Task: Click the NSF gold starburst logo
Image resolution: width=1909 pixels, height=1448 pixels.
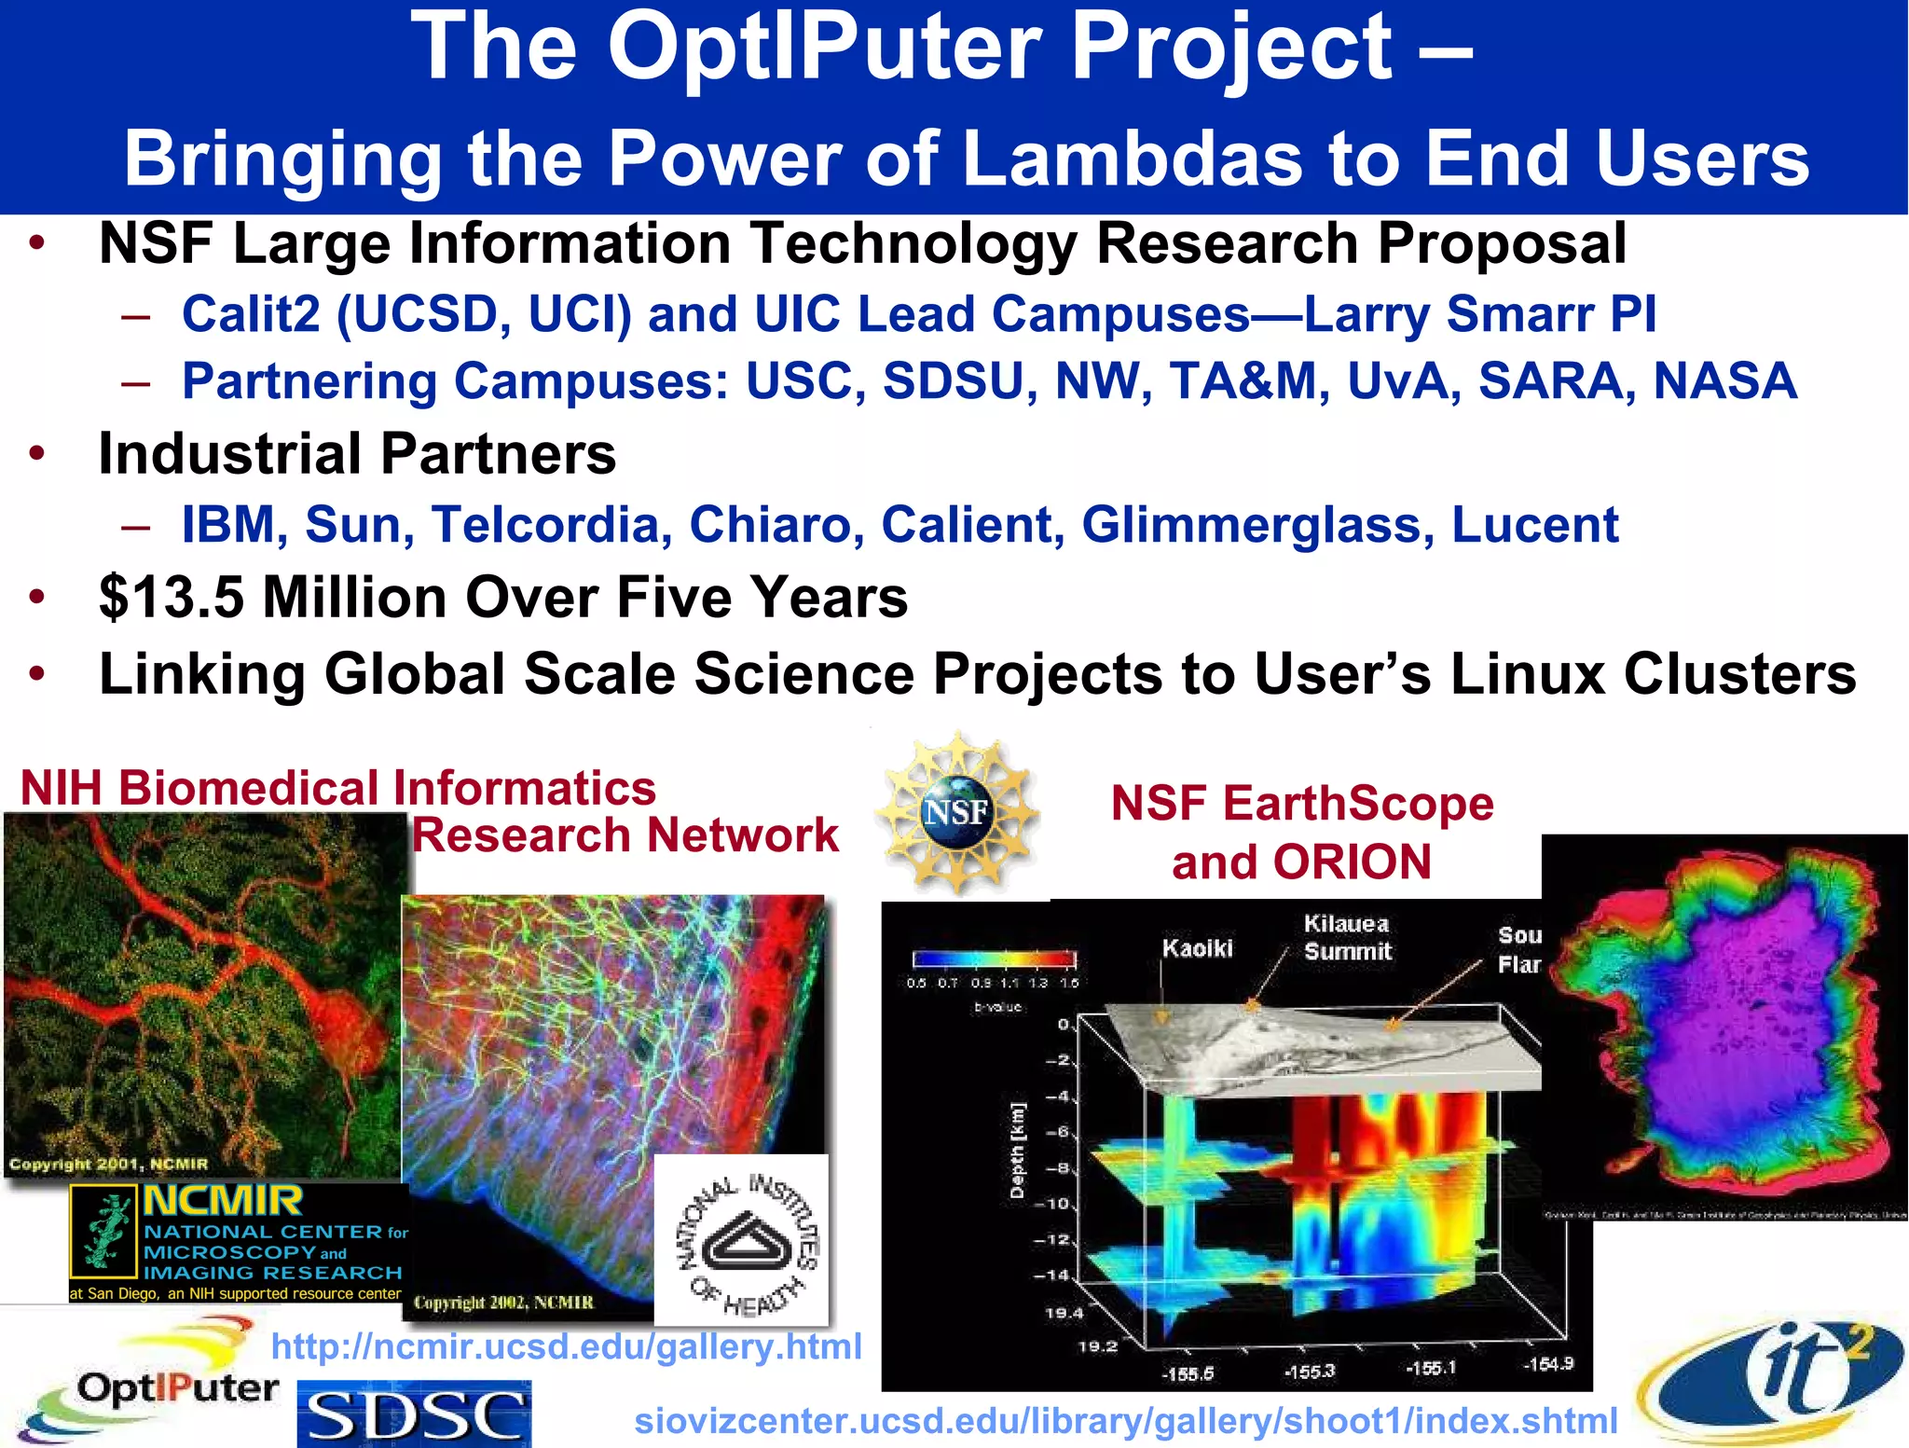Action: pyautogui.click(x=958, y=813)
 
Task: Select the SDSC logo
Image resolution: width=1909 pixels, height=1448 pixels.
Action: pyautogui.click(x=414, y=1415)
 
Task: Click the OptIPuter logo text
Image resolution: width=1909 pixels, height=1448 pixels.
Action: pyautogui.click(x=177, y=1388)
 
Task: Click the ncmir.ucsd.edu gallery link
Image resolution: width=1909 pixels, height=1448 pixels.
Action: pyautogui.click(x=566, y=1346)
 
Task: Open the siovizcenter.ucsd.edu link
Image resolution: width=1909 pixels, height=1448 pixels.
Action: pyautogui.click(x=1125, y=1421)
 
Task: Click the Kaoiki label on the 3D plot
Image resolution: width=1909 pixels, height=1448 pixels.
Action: pyautogui.click(x=1196, y=948)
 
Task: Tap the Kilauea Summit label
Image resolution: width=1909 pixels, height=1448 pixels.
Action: pyautogui.click(x=1347, y=938)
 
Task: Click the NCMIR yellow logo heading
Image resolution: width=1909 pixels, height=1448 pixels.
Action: pyautogui.click(x=223, y=1201)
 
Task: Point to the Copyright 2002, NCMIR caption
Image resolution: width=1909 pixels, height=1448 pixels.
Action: pyautogui.click(x=503, y=1303)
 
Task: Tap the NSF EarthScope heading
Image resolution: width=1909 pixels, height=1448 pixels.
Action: pyautogui.click(x=1301, y=804)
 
